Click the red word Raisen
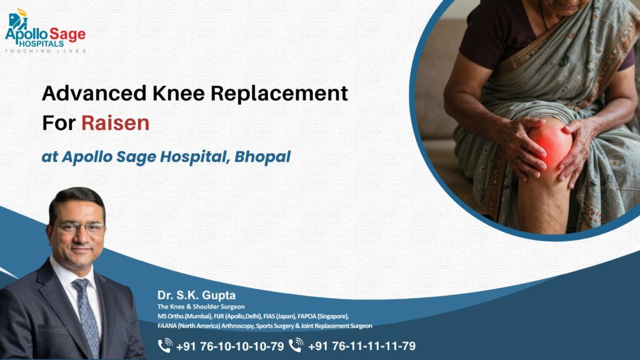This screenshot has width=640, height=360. click(115, 122)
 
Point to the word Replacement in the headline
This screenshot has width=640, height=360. click(278, 94)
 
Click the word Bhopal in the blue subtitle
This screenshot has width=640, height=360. click(262, 157)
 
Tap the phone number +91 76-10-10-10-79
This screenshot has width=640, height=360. click(229, 346)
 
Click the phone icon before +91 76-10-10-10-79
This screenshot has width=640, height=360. click(165, 346)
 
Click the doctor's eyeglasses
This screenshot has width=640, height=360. click(79, 227)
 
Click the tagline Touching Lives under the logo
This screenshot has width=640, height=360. click(45, 51)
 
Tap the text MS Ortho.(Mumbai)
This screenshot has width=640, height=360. click(177, 316)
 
